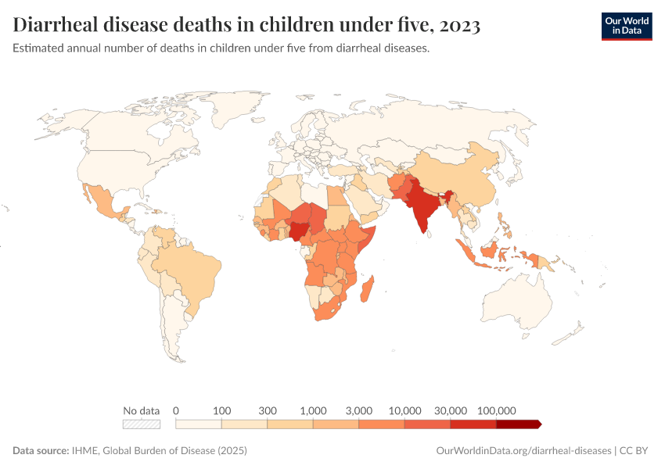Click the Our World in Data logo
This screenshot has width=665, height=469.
coord(626,26)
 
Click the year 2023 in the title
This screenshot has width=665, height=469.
coord(460,26)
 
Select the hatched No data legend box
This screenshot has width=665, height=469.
coord(141,424)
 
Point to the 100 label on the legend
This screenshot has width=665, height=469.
coord(222,410)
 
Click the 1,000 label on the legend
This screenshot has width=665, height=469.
coord(313,410)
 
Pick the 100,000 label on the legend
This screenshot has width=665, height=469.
coord(496,410)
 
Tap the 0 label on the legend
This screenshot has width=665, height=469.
coord(176,410)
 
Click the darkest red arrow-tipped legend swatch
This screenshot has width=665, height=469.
coord(518,424)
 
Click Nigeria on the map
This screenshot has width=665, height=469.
coord(300,231)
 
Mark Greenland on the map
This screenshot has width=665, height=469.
coord(235,109)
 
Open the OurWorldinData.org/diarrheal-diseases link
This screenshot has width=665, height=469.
coord(523,451)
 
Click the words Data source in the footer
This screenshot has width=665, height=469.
coord(41,451)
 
